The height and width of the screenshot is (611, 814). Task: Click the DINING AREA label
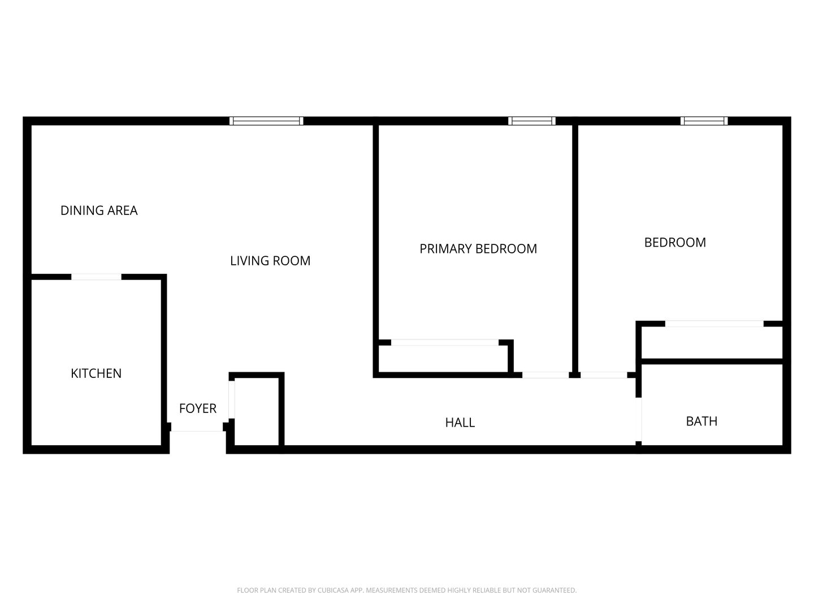(x=99, y=210)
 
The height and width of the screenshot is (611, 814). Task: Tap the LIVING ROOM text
(x=270, y=261)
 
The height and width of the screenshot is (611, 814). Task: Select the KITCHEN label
(x=96, y=373)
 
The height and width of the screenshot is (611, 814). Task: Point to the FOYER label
(x=198, y=408)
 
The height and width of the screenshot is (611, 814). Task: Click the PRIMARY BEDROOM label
(x=478, y=248)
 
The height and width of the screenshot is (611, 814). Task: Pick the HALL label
(x=460, y=423)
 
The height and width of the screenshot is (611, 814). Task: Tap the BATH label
(x=702, y=421)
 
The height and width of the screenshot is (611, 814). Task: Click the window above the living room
(x=266, y=121)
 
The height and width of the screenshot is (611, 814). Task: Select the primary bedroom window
(x=531, y=121)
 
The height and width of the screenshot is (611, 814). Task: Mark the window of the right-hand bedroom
(x=704, y=121)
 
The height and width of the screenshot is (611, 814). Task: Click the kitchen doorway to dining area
(x=96, y=277)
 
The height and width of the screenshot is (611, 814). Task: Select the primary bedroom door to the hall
(x=545, y=375)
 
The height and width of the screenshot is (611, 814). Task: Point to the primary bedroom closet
(x=443, y=358)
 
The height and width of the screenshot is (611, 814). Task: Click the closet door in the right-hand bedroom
(x=715, y=324)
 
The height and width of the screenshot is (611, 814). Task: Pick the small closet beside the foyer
(x=257, y=411)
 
